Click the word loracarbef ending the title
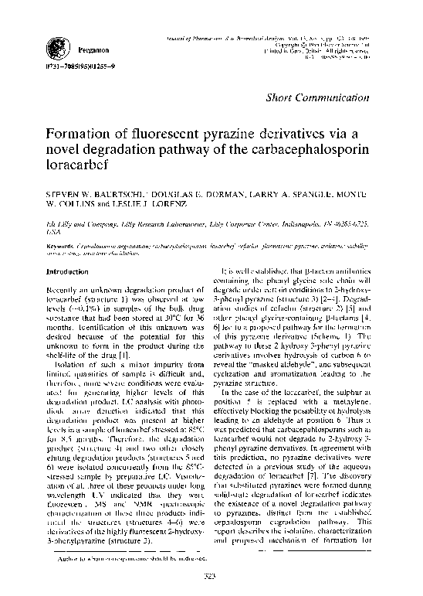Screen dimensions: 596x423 [x=80, y=164]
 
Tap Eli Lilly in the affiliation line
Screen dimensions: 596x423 [x=59, y=220]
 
